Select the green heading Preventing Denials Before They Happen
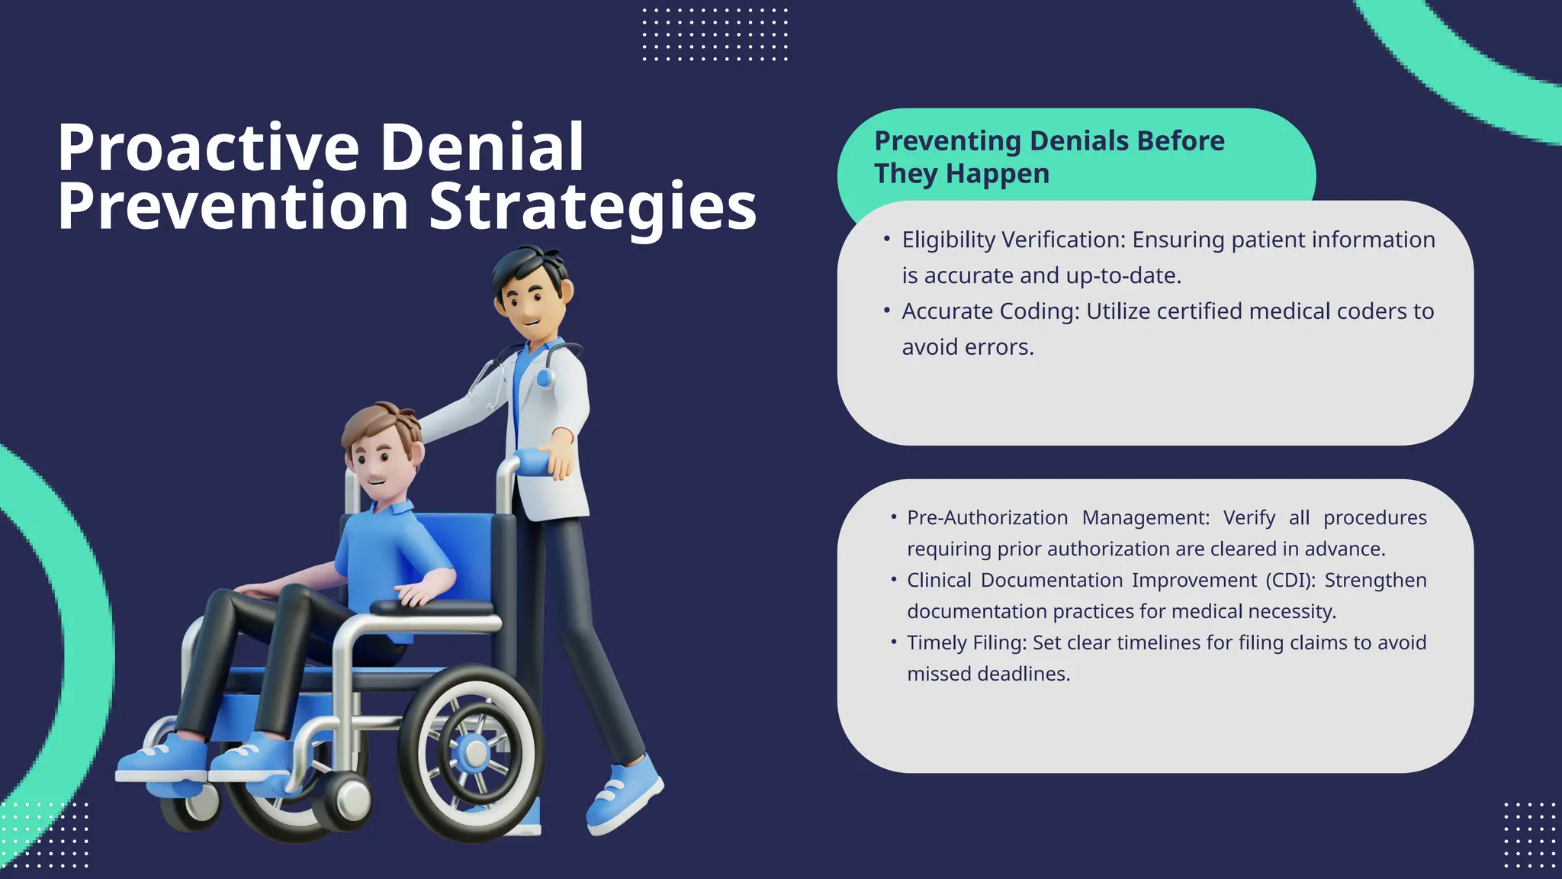pos(1049,157)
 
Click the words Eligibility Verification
pos(1013,240)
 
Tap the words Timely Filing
pos(966,642)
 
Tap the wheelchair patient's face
pos(378,465)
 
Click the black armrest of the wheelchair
pos(431,607)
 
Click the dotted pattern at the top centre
pos(715,34)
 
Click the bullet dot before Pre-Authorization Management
pos(893,517)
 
